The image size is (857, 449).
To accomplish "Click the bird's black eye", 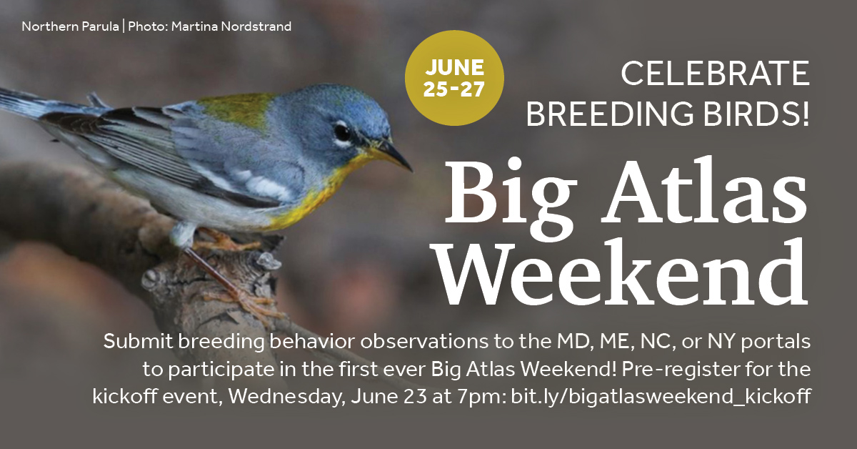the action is coord(342,132).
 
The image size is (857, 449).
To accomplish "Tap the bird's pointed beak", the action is coord(394,156).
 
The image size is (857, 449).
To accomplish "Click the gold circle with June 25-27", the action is coord(454,78).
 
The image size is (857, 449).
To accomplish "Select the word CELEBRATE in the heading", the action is coord(715,73).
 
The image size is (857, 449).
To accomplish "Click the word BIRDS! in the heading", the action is coord(757,114).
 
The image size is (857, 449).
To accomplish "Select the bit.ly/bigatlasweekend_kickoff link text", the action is coord(661,396).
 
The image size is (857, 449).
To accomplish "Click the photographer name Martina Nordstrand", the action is coord(231,26).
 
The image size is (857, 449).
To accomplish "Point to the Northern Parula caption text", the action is coord(70,26).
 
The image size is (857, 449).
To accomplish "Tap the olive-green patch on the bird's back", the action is coord(236,109).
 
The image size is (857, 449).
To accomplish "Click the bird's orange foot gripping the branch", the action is coord(222,240).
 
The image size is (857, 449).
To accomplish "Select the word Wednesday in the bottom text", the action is coord(284,397).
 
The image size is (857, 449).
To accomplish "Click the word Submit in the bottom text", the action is coord(138,341).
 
